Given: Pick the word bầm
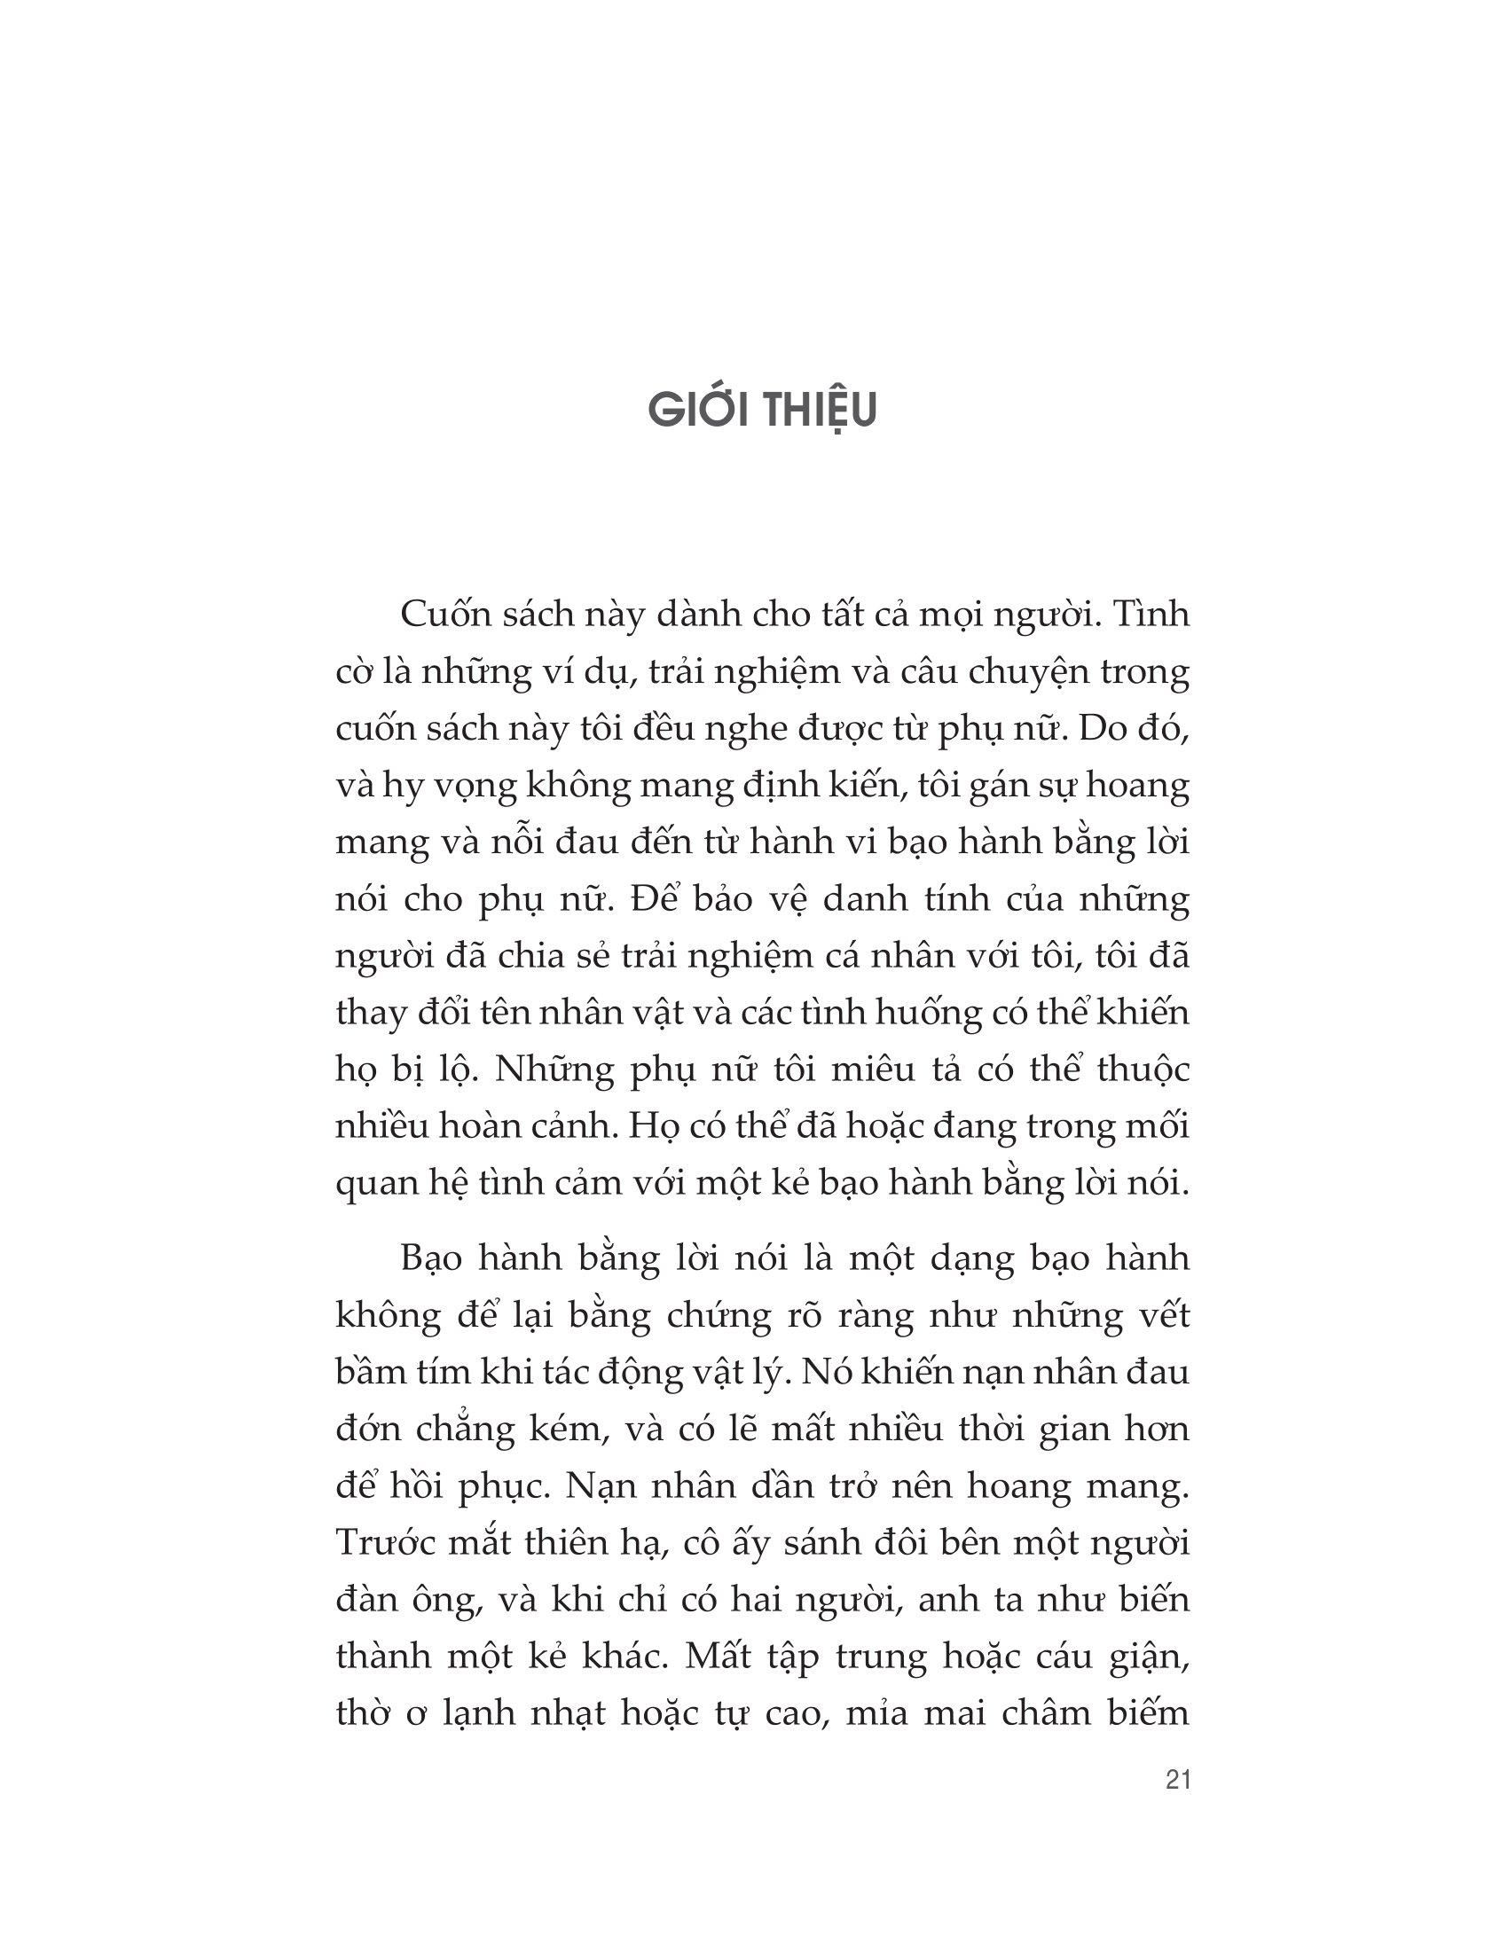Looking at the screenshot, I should point(371,1371).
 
